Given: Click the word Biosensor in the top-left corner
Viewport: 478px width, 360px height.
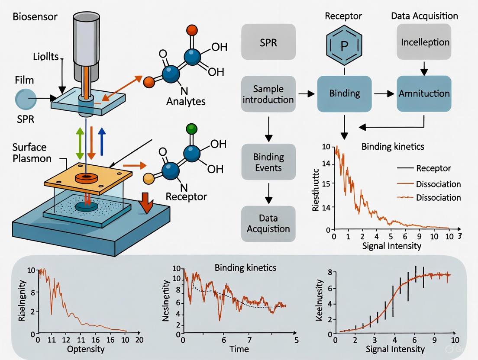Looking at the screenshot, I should coord(29,18).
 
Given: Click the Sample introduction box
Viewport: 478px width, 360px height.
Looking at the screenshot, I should coord(268,94).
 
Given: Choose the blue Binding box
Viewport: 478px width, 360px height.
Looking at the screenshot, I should coord(344,93).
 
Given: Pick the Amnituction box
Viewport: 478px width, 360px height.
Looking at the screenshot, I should coord(424,93).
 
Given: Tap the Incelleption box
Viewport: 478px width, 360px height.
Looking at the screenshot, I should coord(424,42).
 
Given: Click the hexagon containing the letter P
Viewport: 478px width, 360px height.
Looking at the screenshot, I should coord(344,45).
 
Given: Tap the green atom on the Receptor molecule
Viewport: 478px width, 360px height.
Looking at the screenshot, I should coord(191,129).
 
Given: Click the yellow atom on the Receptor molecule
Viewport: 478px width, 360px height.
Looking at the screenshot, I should coord(149,177).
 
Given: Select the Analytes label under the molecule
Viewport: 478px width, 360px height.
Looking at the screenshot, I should coord(185,102).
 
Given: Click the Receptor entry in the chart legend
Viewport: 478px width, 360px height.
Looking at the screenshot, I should coord(433,168).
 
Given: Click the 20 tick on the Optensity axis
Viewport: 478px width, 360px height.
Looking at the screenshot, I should coord(139,340).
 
